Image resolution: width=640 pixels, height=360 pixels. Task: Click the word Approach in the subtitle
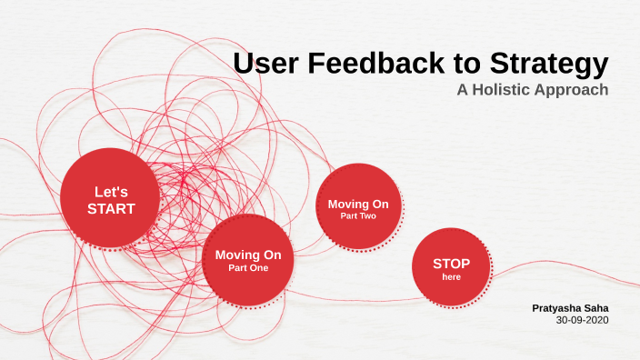coord(574,91)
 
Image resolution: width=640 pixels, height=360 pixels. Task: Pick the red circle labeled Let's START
coord(110,197)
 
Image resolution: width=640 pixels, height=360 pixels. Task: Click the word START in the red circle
coord(111,208)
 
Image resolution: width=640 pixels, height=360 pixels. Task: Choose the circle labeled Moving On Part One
coord(247,260)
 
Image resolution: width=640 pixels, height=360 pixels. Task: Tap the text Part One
coord(248,268)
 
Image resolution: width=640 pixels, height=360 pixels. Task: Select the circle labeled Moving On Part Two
coord(358,207)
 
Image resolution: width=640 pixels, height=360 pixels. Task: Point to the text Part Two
coord(358,215)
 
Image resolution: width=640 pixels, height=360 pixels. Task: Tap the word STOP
coord(452,264)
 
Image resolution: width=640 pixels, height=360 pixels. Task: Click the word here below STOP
coord(452,276)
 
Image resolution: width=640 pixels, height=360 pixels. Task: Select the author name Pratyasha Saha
coord(570,308)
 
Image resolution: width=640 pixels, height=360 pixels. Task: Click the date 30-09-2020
coord(582,320)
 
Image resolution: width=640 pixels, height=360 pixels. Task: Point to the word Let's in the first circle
coord(111,192)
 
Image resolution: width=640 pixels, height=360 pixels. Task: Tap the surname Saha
coord(595,308)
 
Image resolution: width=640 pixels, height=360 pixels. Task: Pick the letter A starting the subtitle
coord(462,91)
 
